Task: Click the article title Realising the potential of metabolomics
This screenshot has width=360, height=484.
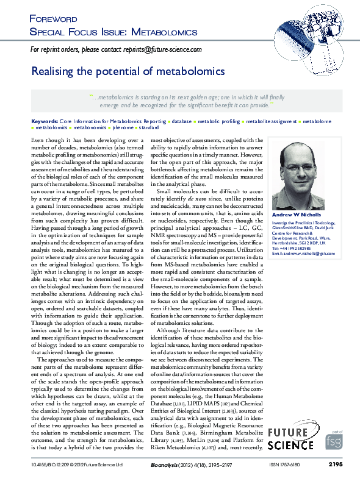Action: click(128, 71)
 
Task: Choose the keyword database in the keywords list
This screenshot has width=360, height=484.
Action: click(181, 122)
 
